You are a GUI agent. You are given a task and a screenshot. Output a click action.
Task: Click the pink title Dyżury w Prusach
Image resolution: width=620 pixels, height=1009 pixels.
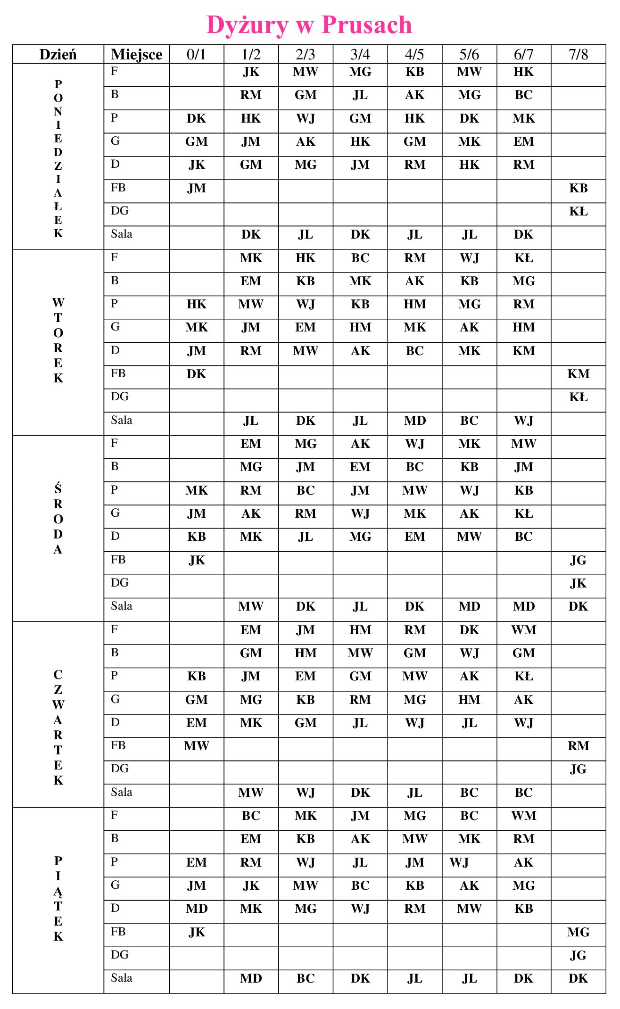[309, 25]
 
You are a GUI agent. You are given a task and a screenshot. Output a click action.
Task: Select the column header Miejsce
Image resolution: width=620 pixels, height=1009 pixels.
[136, 55]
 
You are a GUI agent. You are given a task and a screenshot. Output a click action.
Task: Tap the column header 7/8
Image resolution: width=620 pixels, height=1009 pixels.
[578, 55]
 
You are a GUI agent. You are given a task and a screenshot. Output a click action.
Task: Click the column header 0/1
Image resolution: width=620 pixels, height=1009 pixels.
[196, 55]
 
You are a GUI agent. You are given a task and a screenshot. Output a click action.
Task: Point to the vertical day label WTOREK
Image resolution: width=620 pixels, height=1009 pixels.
[58, 340]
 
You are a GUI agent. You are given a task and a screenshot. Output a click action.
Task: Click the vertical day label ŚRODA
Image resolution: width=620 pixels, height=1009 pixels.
[58, 519]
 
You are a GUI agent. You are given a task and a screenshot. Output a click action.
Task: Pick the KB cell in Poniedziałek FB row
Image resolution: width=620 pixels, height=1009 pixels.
[578, 189]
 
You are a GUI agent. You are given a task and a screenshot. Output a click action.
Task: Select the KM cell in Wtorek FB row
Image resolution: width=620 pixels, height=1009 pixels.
[578, 374]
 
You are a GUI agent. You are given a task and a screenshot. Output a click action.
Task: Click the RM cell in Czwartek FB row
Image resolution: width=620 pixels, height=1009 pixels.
[578, 746]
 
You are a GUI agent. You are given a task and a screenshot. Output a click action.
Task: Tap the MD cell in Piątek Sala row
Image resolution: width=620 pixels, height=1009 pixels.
[251, 979]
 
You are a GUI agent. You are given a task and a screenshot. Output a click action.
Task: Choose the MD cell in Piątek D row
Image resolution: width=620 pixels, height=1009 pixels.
[196, 909]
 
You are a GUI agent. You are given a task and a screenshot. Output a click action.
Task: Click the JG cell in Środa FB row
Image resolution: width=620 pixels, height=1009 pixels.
[578, 561]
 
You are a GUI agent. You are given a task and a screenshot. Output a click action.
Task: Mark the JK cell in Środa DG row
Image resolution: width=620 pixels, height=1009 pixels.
[578, 584]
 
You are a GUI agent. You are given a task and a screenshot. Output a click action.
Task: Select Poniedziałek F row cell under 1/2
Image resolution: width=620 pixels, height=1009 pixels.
[251, 72]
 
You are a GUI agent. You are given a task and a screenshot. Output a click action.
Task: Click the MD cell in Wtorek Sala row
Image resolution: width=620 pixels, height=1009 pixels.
[414, 421]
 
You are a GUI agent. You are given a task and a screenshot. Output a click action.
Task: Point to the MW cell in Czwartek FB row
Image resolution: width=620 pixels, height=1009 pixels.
[196, 746]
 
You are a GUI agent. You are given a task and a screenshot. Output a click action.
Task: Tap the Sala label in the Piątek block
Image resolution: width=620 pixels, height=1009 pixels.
[122, 978]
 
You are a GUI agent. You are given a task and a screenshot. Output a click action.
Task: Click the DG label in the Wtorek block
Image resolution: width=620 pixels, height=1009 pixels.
[120, 397]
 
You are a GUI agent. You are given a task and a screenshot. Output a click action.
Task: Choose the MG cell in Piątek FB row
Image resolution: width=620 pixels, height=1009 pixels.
[578, 933]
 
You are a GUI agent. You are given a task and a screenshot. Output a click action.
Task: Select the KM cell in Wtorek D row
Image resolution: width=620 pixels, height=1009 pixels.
[523, 351]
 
